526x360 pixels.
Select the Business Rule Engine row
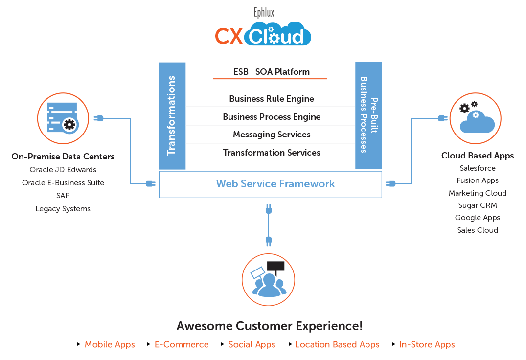point(271,99)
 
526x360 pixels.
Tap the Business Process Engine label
point(271,117)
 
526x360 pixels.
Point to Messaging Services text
point(271,135)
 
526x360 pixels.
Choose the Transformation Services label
point(271,153)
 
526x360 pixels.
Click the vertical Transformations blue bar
point(172,116)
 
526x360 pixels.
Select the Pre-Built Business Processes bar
point(368,116)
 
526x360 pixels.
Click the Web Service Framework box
point(270,184)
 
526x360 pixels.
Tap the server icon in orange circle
point(63,118)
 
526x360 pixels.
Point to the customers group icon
point(269,280)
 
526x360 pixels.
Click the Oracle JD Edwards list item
point(63,170)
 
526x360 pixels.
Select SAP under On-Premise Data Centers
point(63,196)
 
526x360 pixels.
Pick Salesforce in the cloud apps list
point(477,168)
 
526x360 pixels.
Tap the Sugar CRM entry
point(477,205)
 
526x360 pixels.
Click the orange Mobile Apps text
point(110,344)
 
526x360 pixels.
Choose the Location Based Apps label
point(337,344)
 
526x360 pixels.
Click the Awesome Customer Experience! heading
point(269,326)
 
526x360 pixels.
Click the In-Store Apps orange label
point(426,344)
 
